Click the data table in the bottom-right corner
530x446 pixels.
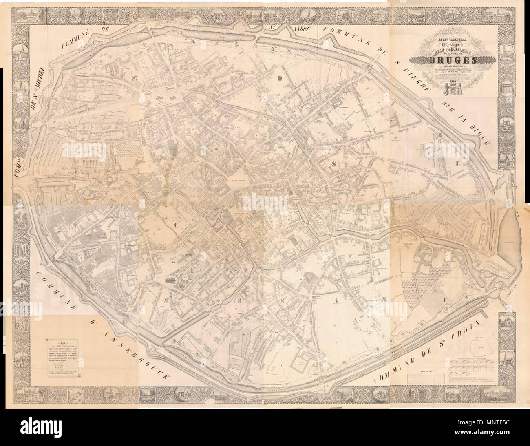tap(471, 367)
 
